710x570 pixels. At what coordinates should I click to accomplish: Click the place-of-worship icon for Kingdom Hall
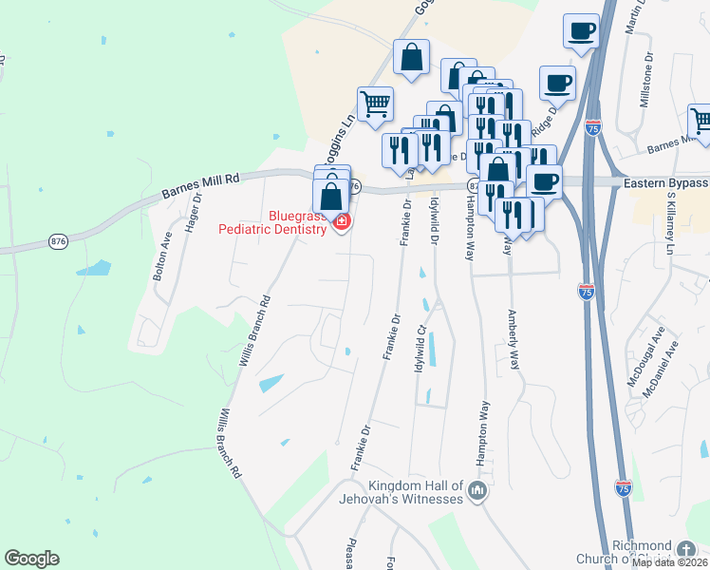tap(477, 492)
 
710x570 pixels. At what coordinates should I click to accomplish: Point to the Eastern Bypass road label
tap(665, 182)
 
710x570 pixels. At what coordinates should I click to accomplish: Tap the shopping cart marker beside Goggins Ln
tap(376, 104)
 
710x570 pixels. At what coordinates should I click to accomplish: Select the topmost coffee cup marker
tap(581, 30)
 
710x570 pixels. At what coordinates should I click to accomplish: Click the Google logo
tap(31, 559)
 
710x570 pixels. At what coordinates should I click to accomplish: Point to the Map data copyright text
tap(670, 561)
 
